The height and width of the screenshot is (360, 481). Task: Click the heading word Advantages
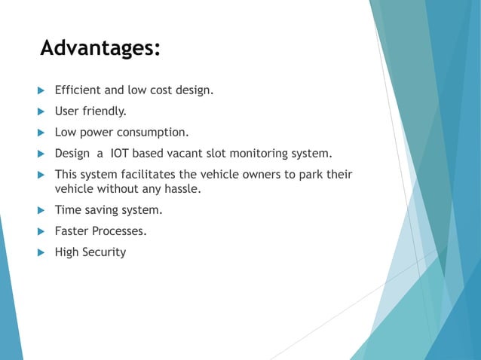coord(100,48)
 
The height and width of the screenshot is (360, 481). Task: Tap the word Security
coord(105,252)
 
